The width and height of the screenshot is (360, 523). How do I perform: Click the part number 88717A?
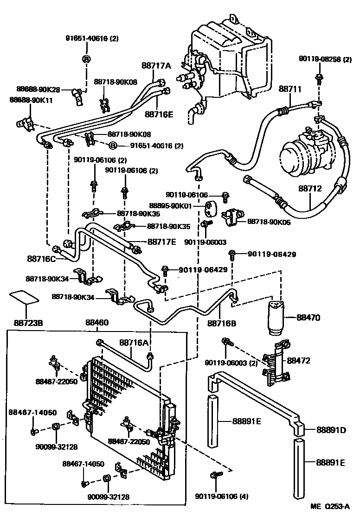click(156, 65)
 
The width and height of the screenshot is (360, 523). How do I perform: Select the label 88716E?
click(158, 113)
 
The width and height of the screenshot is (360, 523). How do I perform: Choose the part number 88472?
click(299, 360)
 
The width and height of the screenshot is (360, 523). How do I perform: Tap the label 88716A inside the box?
click(133, 343)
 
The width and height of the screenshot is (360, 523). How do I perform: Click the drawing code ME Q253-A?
click(329, 507)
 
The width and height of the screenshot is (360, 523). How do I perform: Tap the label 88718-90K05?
click(269, 222)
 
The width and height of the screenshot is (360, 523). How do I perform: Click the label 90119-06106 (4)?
click(222, 497)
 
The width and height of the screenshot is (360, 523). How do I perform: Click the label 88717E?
click(162, 241)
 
